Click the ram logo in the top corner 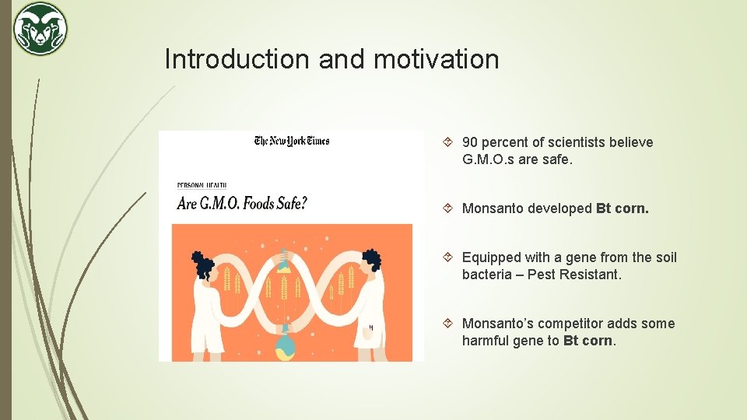point(40,29)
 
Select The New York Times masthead point(292,141)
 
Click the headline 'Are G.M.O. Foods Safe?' point(242,204)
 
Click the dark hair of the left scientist point(204,265)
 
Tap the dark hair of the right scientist point(371,261)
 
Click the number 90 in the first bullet point(470,142)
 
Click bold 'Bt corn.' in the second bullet point(622,208)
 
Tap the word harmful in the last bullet point(486,341)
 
